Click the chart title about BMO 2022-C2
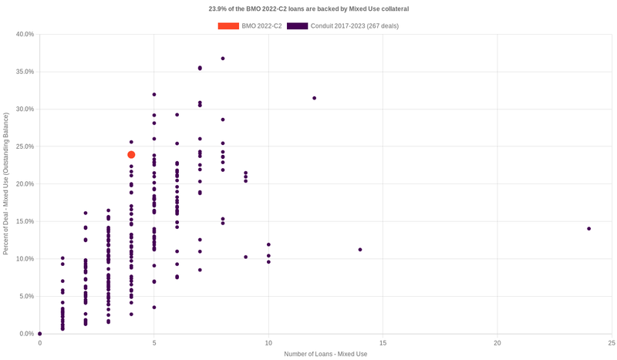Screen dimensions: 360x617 click(308, 9)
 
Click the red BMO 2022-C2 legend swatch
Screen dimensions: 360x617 click(228, 26)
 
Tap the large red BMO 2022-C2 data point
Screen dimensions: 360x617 click(131, 155)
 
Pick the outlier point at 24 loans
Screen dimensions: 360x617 click(588, 228)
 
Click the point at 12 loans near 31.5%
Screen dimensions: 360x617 click(314, 98)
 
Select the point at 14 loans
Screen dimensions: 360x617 click(360, 250)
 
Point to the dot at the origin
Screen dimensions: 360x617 click(40, 334)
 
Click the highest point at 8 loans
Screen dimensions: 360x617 click(223, 59)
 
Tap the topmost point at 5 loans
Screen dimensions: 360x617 click(154, 95)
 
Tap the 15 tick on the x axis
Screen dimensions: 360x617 click(383, 341)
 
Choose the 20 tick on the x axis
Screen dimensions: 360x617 click(497, 341)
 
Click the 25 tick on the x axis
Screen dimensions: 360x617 click(611, 341)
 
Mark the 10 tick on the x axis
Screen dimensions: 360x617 click(268, 341)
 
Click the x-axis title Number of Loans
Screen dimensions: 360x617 click(325, 354)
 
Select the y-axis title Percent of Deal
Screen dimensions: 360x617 click(6, 184)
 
